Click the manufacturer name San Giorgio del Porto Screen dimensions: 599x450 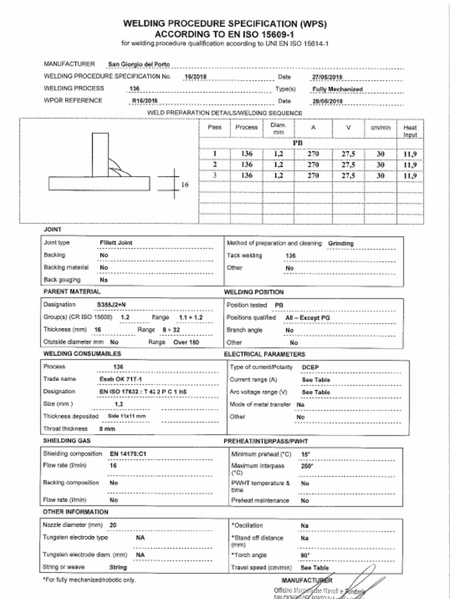139,64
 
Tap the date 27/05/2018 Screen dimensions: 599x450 327,77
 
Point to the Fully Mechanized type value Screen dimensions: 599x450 337,89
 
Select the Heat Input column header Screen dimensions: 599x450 410,130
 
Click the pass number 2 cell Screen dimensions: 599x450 215,164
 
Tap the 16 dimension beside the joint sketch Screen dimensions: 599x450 185,184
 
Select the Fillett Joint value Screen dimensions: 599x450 116,243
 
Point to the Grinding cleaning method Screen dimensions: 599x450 340,243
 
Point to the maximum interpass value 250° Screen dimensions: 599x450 307,466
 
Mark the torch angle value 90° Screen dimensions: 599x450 305,555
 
